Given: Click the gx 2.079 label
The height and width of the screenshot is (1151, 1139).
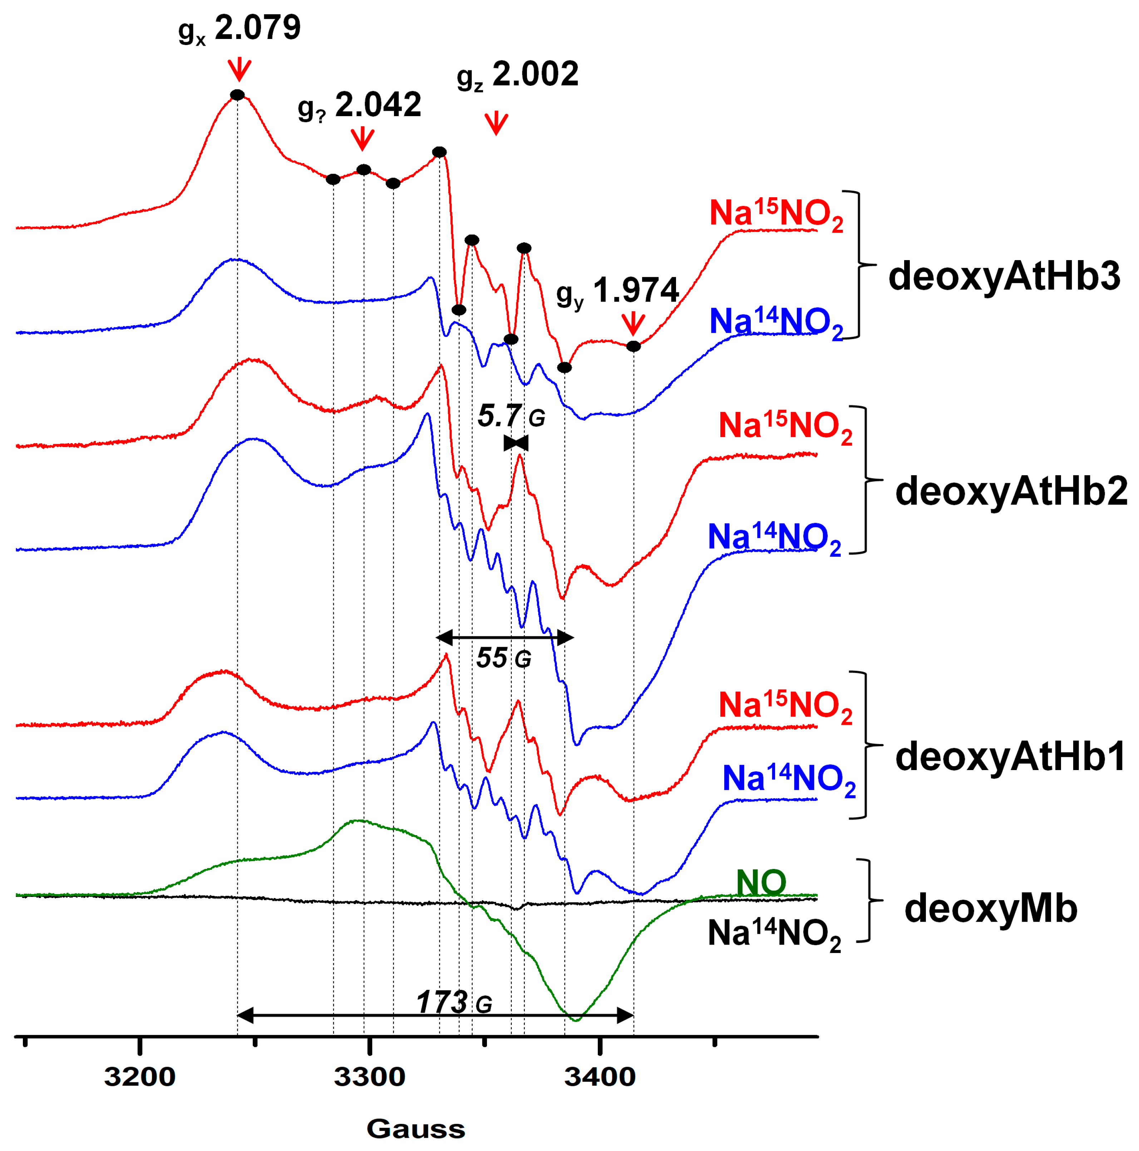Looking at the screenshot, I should pos(240,30).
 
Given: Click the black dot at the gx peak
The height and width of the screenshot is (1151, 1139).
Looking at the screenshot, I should pos(237,95).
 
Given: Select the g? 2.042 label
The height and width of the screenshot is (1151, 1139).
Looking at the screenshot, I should pos(359,106).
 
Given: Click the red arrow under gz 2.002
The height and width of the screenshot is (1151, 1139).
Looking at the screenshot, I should pos(496,123).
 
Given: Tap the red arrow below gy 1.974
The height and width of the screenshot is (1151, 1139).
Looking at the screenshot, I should pos(633,323).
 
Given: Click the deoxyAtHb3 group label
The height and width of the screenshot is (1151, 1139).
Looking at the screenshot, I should pos(1004,277).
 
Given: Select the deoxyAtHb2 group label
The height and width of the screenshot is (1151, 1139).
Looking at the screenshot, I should pos(1011,492).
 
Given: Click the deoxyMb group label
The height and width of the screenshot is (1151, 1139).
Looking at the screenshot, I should pos(991,908).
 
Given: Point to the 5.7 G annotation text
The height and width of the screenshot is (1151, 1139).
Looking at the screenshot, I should pos(511,416).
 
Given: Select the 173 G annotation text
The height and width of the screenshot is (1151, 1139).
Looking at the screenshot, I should pos(454,1002).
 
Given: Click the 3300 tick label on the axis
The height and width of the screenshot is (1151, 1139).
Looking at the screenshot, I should pos(370,1077).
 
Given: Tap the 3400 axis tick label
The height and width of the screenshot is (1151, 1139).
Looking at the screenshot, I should pos(600,1077).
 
